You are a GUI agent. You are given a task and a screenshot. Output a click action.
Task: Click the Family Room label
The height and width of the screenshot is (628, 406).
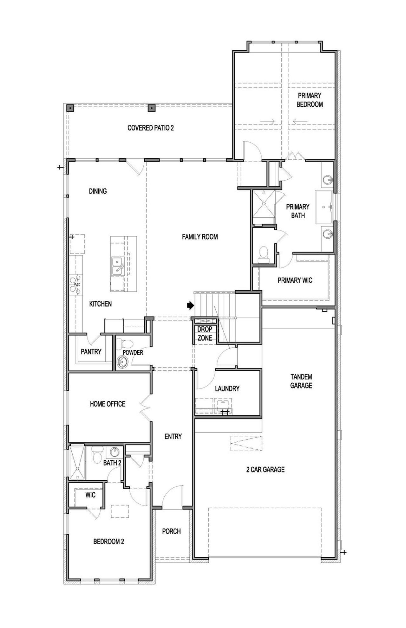pyautogui.click(x=200, y=237)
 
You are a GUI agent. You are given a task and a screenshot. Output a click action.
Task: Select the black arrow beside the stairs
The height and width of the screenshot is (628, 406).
pyautogui.click(x=190, y=305)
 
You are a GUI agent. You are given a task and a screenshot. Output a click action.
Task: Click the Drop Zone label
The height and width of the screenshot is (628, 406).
pyautogui.click(x=205, y=334)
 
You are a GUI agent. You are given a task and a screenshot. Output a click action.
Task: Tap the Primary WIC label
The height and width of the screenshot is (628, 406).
pyautogui.click(x=295, y=280)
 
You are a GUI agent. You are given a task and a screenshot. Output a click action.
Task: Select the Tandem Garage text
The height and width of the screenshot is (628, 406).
pyautogui.click(x=301, y=381)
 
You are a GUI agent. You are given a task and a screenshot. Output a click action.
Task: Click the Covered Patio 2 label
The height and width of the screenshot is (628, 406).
pyautogui.click(x=150, y=128)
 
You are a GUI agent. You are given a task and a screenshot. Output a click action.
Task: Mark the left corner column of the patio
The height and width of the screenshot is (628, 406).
pyautogui.click(x=70, y=108)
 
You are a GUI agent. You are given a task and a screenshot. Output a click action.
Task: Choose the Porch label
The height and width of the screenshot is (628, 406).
pyautogui.click(x=171, y=531)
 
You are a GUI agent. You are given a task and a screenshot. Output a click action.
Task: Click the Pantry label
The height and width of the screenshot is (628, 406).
pyautogui.click(x=91, y=351)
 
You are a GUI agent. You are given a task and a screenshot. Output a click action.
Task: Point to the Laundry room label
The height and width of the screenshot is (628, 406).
pyautogui.click(x=227, y=388)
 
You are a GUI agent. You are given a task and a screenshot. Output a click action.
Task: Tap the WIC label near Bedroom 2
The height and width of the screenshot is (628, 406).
pyautogui.click(x=90, y=495)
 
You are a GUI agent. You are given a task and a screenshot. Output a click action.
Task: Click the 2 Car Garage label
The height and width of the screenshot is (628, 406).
pyautogui.click(x=265, y=470)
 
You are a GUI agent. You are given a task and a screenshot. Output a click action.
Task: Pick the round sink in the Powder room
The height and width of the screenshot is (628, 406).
pyautogui.click(x=121, y=361)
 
